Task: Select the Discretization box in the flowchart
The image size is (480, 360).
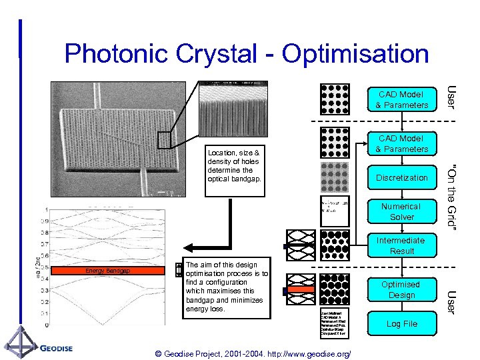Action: point(401,178)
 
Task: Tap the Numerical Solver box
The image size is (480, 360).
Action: point(401,212)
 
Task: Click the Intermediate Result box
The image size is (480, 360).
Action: point(401,246)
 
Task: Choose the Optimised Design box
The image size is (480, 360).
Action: point(401,290)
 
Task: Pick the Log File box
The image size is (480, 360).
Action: point(401,324)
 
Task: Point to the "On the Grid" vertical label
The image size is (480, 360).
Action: point(452,197)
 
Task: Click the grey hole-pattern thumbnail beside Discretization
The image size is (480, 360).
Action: point(335,177)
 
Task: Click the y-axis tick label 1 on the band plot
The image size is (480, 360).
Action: point(45,210)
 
